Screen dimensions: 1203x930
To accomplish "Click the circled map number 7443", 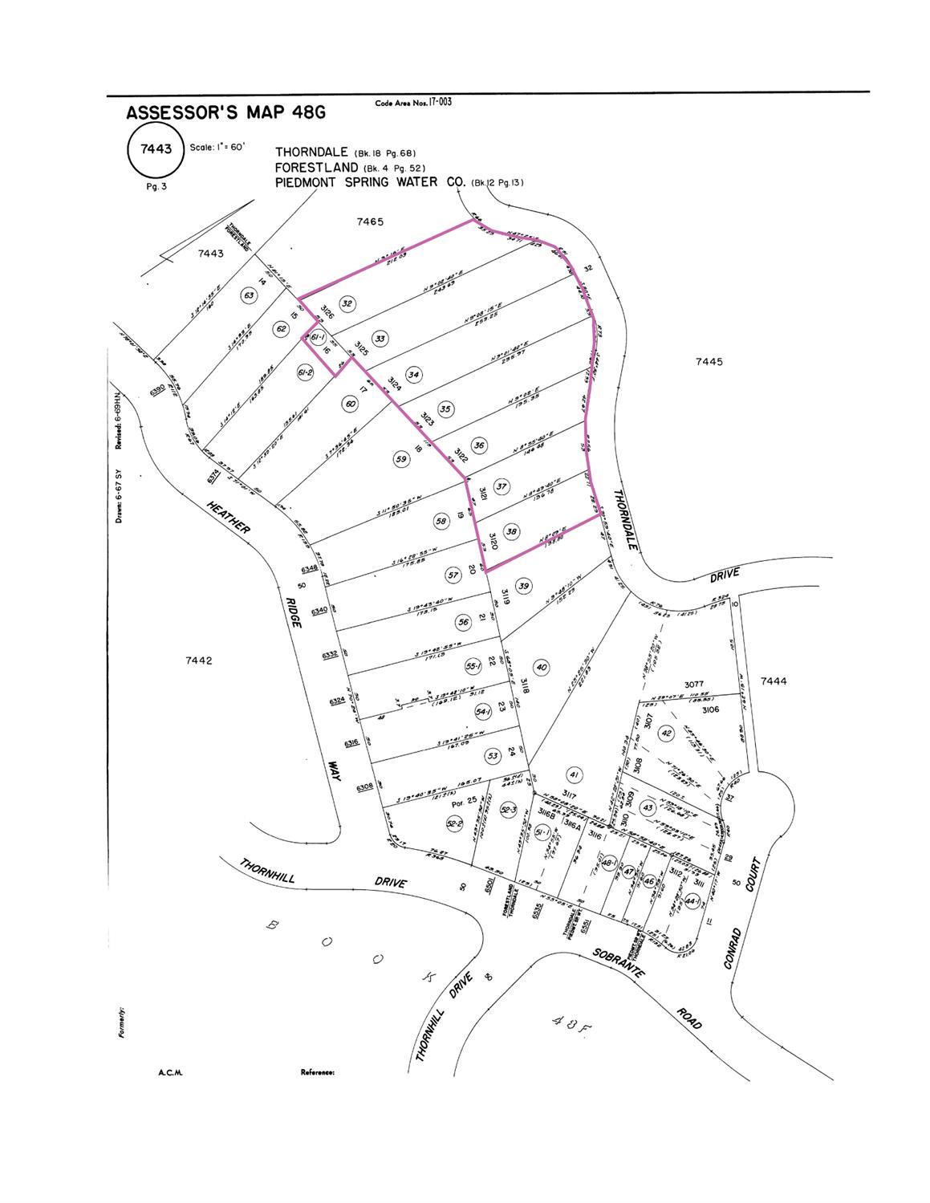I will click(155, 149).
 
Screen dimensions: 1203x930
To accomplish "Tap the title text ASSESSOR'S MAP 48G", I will click(225, 113).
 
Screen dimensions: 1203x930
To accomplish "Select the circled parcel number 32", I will click(347, 303).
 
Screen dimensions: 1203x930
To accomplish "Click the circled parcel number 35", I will click(446, 409).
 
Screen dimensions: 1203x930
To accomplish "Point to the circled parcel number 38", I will click(511, 531).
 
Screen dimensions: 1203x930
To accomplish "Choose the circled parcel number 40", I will click(542, 667).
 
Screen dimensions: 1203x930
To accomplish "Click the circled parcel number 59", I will click(402, 459).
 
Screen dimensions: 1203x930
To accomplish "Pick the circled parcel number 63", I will click(250, 295).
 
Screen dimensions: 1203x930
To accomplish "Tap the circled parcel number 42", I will click(665, 733).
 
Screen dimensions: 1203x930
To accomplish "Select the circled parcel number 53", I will click(492, 756).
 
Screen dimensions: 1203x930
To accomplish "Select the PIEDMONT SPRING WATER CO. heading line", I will click(371, 182).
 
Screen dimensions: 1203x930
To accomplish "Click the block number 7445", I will click(709, 362).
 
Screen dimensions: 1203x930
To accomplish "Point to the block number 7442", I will click(198, 660).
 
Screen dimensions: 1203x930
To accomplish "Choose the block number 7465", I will click(371, 221).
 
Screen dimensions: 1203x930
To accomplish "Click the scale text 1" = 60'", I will click(217, 148).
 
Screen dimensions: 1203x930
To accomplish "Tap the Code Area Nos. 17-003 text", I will click(412, 103).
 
